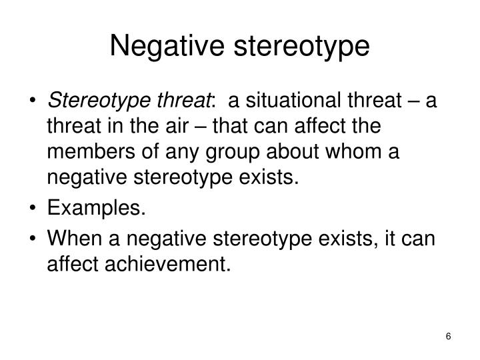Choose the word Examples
pyautogui.click(x=96, y=210)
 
